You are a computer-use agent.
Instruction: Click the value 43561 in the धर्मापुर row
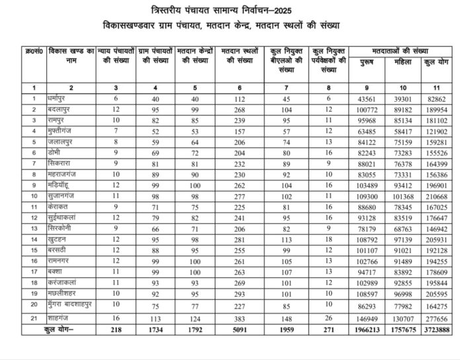(369, 98)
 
